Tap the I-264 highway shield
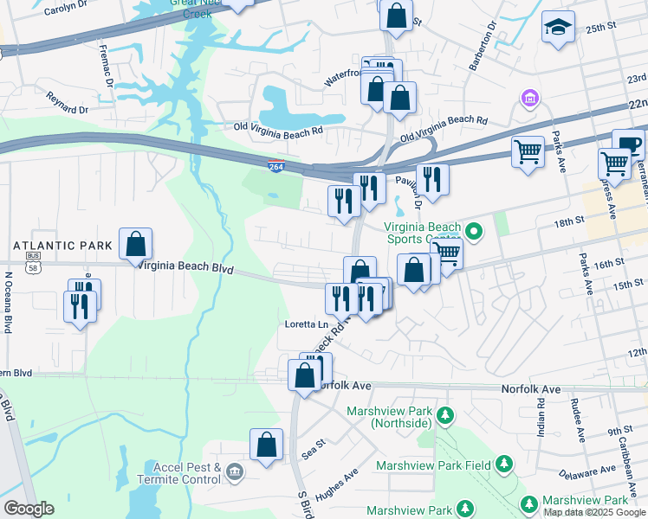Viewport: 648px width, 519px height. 275,166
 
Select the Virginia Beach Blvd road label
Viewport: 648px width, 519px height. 185,268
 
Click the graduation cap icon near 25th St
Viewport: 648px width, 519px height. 558,29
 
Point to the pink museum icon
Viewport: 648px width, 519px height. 528,100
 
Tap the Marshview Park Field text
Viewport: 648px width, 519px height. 433,465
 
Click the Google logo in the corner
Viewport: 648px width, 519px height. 29,509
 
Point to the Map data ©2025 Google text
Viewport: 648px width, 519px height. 594,512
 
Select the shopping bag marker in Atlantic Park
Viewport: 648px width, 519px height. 136,245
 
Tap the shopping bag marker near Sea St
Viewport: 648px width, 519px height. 267,445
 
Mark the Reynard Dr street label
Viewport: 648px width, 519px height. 68,103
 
